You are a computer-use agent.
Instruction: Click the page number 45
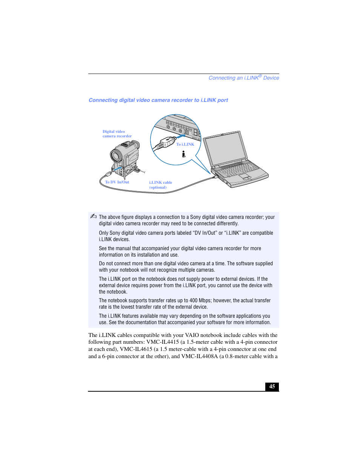272,386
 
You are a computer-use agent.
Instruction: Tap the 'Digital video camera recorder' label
117,134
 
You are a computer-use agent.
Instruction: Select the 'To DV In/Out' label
117,182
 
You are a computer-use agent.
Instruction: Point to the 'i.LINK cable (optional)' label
160,185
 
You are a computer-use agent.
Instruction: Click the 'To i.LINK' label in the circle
185,144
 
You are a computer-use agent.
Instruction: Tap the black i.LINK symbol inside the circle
183,154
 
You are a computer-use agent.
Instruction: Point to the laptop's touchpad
244,176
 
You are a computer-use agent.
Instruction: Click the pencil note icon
93,216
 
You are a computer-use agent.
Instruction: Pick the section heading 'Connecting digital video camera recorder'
158,100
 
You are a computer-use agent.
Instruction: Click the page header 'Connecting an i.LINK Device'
244,78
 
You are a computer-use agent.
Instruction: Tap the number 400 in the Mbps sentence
193,301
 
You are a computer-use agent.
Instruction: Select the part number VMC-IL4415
162,342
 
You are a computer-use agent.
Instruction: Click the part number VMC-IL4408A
199,356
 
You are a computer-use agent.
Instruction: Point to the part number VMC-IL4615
136,349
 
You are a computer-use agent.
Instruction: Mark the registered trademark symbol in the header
260,76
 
